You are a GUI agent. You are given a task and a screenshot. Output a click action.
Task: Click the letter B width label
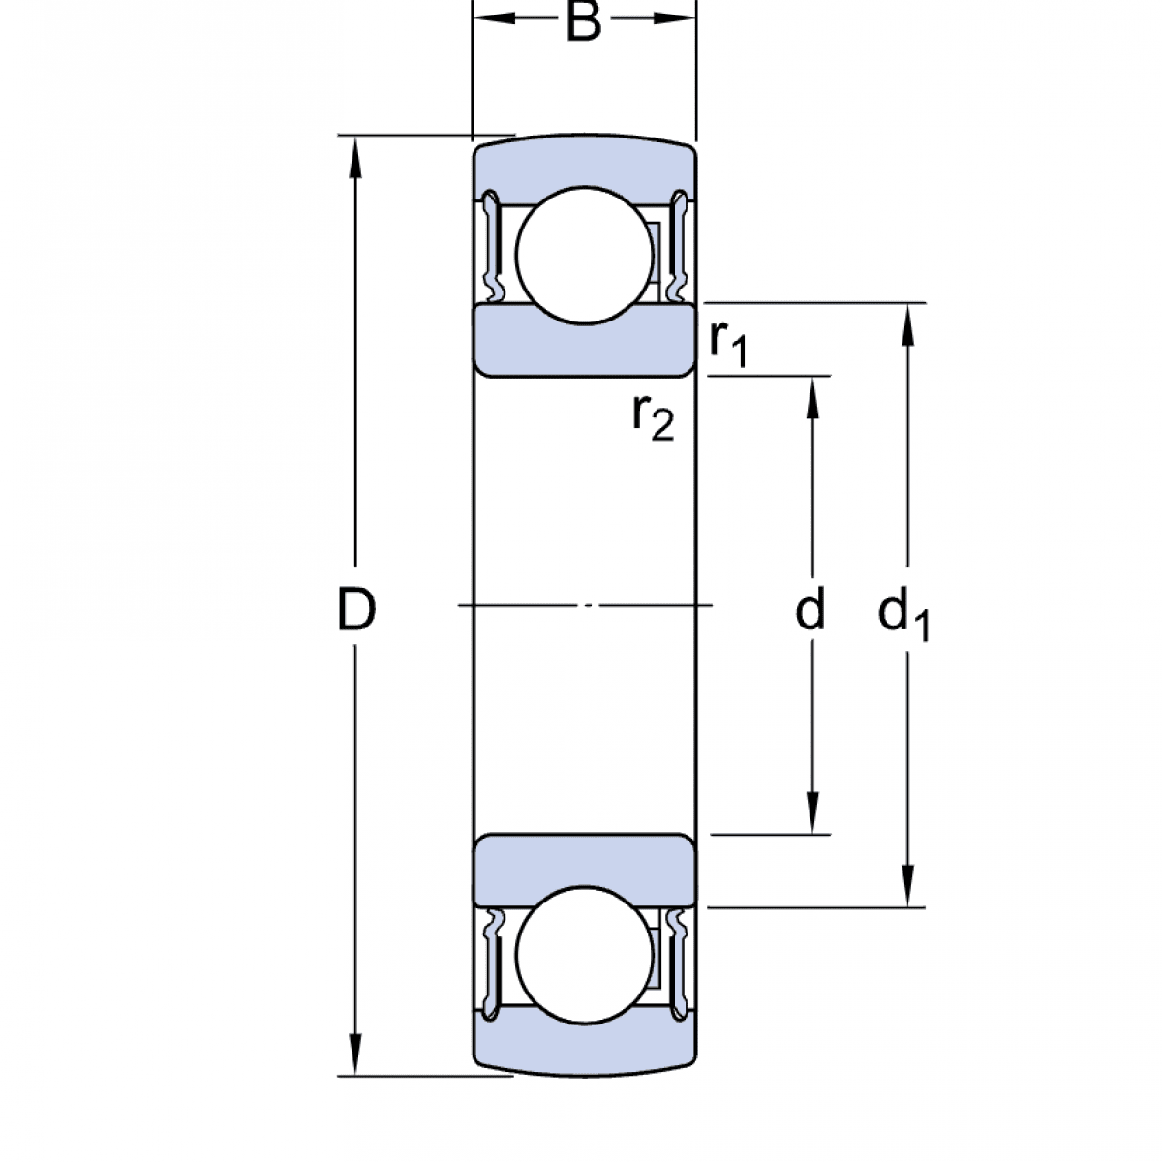click(583, 22)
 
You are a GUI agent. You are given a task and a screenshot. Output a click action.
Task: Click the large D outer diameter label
click(355, 610)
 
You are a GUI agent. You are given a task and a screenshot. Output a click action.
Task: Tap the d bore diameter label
click(810, 610)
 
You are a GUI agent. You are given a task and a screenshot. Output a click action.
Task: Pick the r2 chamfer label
click(652, 416)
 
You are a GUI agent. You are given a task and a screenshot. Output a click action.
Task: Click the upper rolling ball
click(585, 254)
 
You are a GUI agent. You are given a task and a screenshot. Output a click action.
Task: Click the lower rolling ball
click(585, 954)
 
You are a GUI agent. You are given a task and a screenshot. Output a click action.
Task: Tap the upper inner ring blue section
click(584, 344)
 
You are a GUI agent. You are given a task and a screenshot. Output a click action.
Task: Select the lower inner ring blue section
click(584, 868)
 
